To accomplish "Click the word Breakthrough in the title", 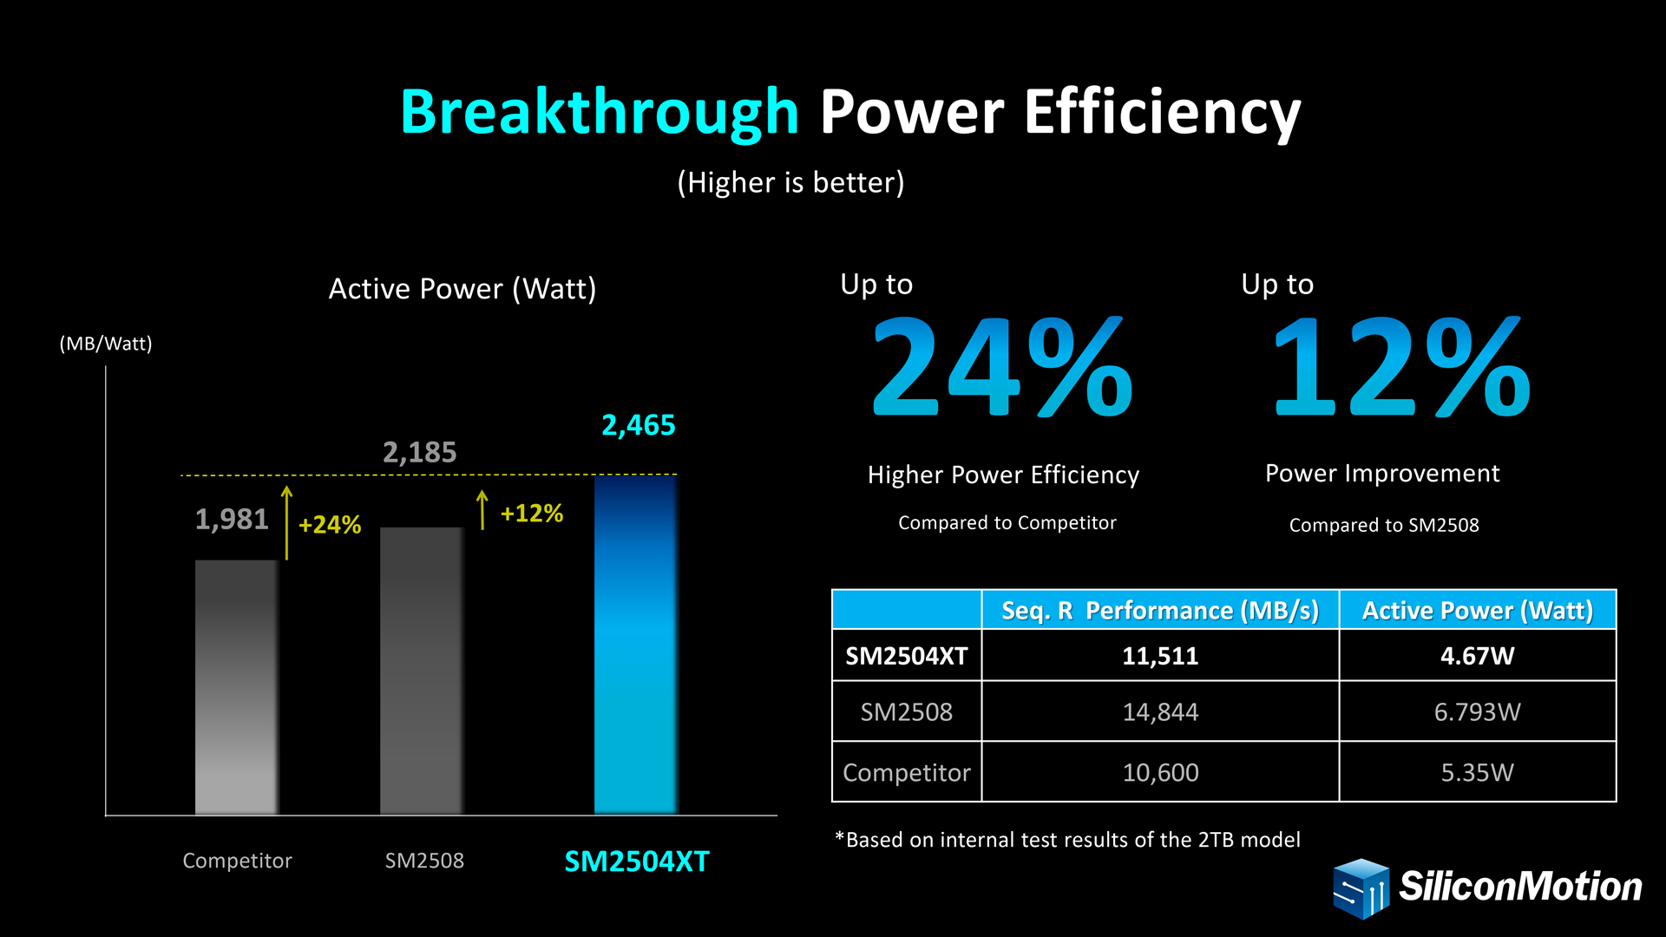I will pos(599,112).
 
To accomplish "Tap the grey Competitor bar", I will pos(236,685).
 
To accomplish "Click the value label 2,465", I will pos(638,425).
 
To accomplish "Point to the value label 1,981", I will pos(232,519).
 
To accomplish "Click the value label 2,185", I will pos(419,452).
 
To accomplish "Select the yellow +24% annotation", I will pos(329,525).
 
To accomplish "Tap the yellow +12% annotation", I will pos(531,514).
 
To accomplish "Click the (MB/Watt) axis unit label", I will pos(106,344).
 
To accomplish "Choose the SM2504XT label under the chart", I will pos(636,862).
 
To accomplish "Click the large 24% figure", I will pos(1002,368).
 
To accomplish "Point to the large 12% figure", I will pos(1401,368).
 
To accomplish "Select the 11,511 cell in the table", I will pos(1160,656).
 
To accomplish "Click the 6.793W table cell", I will pos(1477,712).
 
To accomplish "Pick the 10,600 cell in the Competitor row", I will pos(1160,772).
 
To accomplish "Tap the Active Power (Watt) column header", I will pos(1477,611).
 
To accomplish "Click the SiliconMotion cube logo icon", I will pos(1361,888).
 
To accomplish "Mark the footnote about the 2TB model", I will pos(1067,840).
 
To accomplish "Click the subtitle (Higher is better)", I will pos(790,182).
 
